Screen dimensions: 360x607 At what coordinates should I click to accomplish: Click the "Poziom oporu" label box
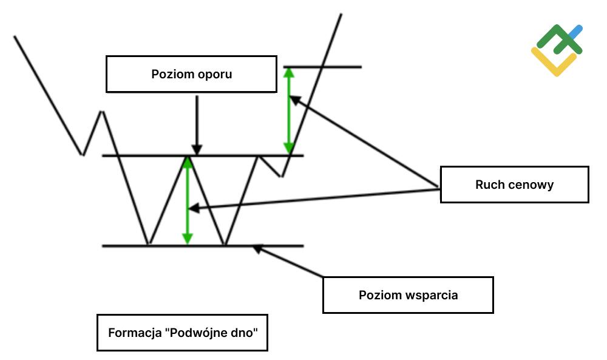coord(191,74)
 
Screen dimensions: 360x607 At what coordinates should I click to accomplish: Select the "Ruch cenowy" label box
coord(514,185)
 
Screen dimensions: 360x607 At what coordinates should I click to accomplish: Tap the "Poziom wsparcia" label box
coord(407,295)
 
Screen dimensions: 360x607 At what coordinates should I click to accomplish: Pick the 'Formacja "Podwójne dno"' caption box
coord(181,333)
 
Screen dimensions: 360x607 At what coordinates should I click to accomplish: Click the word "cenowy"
coord(532,185)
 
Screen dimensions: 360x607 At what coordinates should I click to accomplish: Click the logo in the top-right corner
coord(557,50)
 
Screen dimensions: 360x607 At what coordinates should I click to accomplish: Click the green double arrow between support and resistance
coord(188,200)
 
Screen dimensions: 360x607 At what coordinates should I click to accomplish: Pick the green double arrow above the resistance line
coord(289,110)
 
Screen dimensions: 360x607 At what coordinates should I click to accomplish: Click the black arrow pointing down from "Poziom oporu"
coord(196,124)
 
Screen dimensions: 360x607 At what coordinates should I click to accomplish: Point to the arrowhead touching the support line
coord(257,248)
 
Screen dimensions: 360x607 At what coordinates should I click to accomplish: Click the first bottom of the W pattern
coord(148,245)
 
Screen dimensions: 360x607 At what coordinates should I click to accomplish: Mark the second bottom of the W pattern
coord(225,245)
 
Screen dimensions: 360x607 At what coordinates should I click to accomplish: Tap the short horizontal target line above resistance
coord(322,67)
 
